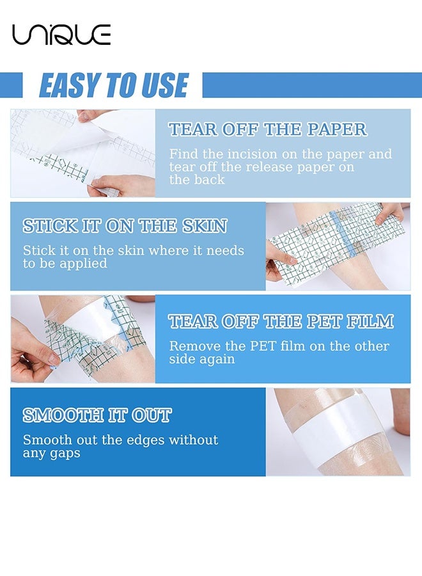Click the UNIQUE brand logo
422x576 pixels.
click(x=61, y=35)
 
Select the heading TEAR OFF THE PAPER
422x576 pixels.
click(x=268, y=129)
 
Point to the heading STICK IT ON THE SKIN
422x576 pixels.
click(x=125, y=225)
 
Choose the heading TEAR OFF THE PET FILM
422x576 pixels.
click(x=281, y=321)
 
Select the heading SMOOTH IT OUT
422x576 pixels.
click(x=97, y=415)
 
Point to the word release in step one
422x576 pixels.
click(x=269, y=167)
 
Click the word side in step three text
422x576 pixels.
click(x=181, y=359)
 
